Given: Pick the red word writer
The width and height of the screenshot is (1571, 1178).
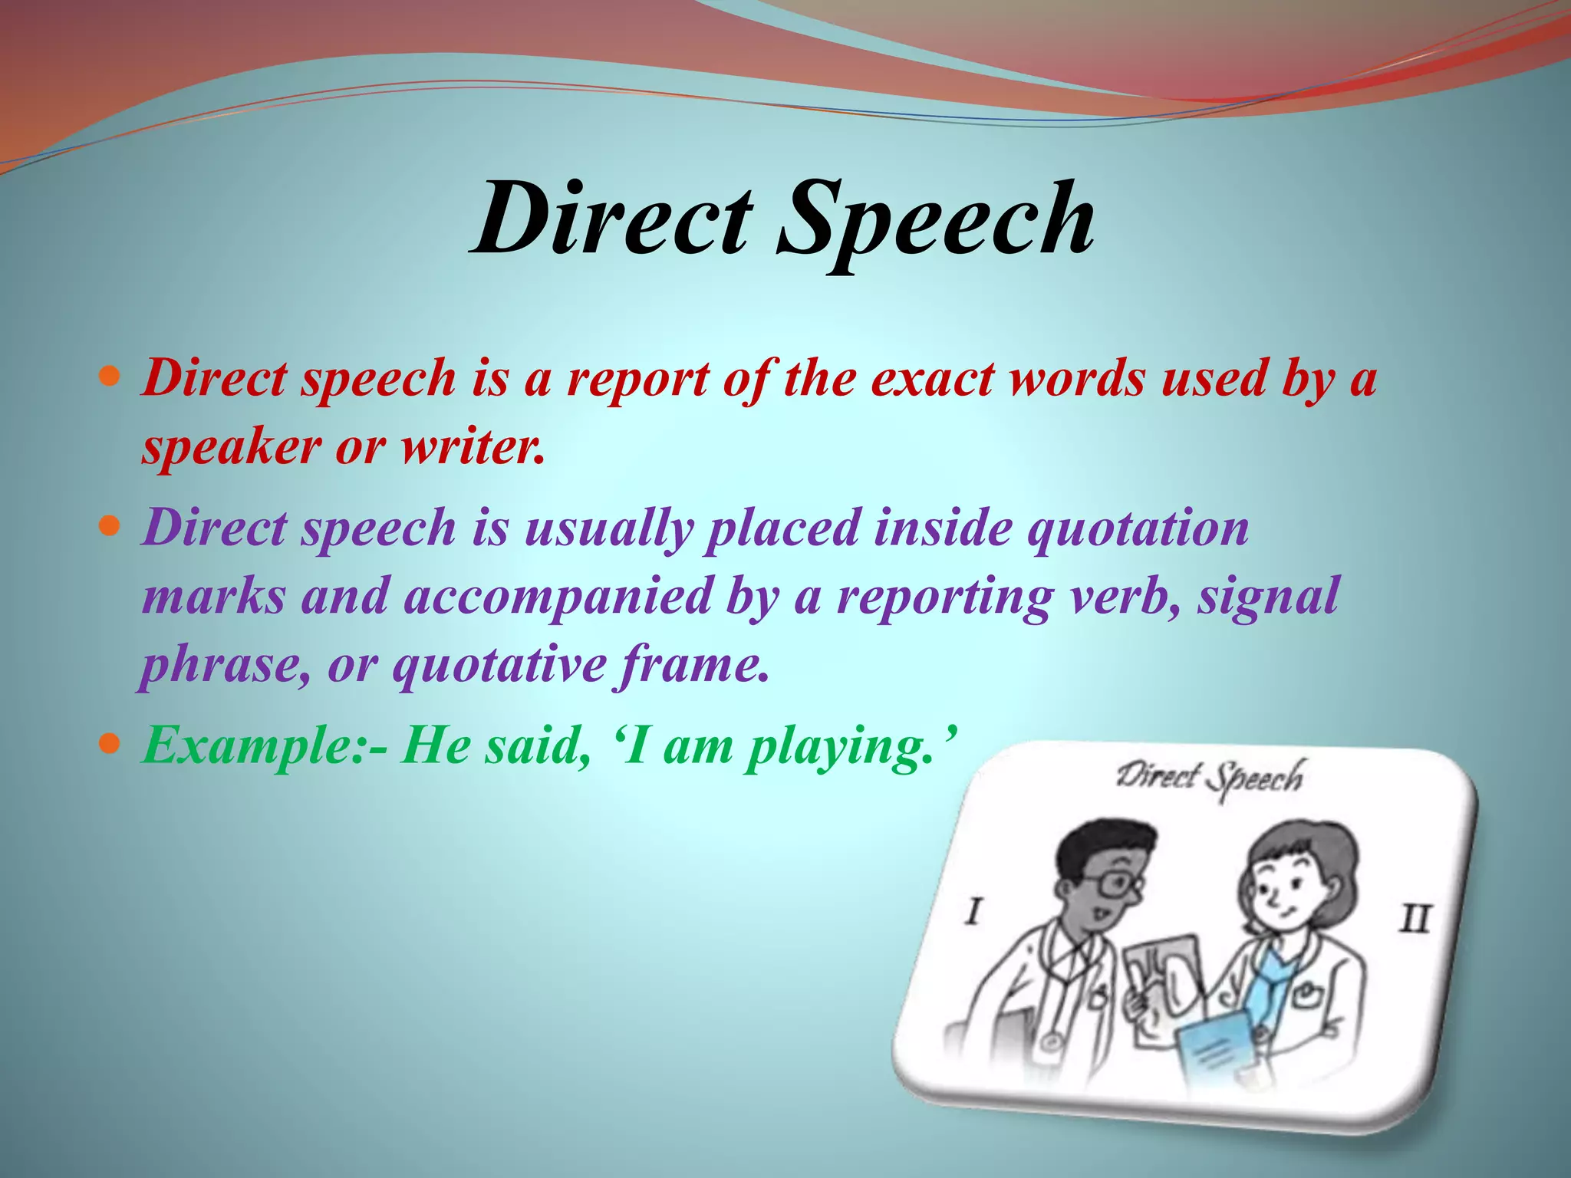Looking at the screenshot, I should [473, 446].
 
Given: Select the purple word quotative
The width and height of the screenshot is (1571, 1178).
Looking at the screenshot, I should [499, 666].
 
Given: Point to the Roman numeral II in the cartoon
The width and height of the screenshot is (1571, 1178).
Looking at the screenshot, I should [1415, 917].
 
